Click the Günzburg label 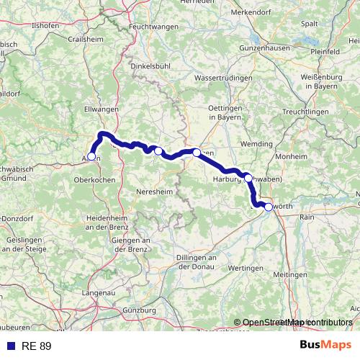pos(140,310)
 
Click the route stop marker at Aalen pos(91,156)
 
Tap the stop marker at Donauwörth pos(269,207)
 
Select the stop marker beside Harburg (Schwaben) pos(248,178)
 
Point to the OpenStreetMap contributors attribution pos(297,323)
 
